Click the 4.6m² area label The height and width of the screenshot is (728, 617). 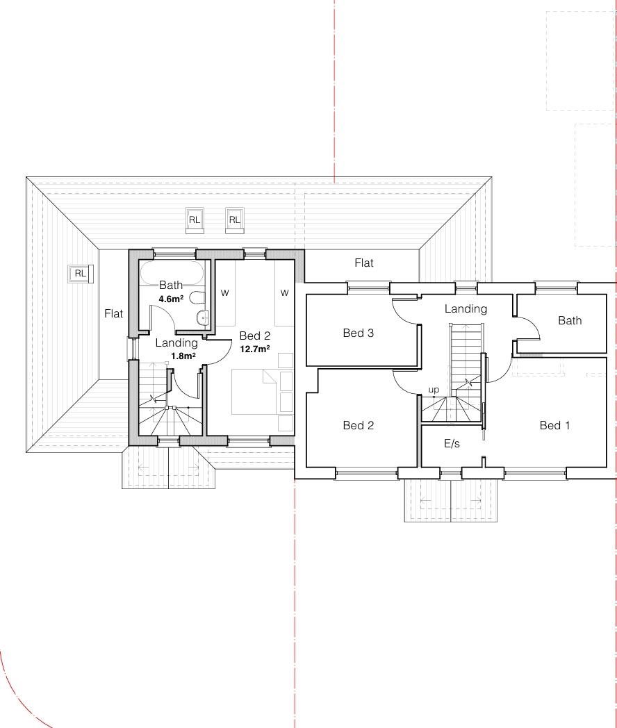coord(171,299)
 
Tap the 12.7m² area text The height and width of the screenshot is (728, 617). coord(255,349)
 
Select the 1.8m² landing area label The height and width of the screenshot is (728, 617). coord(183,356)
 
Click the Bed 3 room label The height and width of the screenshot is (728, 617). coord(358,333)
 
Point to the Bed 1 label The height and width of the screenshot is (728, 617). coord(554,425)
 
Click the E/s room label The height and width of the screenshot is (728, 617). coord(452,444)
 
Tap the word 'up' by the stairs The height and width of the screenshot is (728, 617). coord(434,390)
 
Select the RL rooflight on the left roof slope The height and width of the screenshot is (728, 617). coord(81,274)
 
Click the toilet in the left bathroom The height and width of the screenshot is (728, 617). coord(197,297)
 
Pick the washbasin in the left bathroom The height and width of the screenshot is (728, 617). coord(203,318)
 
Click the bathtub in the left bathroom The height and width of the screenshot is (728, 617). coord(172,274)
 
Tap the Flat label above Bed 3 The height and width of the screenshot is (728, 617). coord(363,263)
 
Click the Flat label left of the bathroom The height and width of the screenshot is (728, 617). coord(113,314)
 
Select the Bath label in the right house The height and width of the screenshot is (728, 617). coord(570,320)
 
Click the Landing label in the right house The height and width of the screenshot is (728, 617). coord(466,309)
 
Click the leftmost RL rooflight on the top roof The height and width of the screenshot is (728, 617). coord(194,220)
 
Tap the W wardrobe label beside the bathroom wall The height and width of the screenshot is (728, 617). coord(224,293)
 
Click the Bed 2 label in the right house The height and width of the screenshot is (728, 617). coord(358,425)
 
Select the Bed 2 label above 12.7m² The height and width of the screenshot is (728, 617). coord(255,336)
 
